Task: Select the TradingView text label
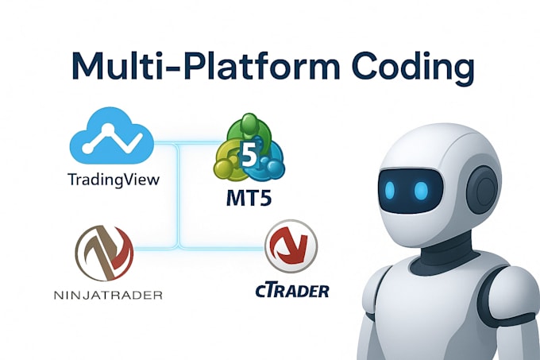(113, 180)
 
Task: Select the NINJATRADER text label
(110, 296)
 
